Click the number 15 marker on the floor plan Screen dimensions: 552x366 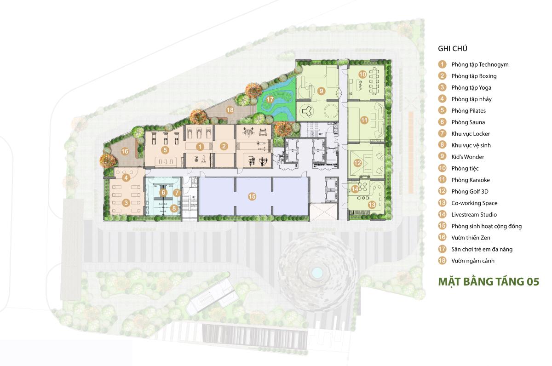click(x=252, y=196)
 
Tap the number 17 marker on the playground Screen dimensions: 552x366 click(x=270, y=99)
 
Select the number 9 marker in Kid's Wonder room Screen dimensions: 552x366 click(x=321, y=91)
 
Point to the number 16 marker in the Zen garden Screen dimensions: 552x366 click(x=125, y=151)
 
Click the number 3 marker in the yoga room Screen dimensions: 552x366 click(x=126, y=203)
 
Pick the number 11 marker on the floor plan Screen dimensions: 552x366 click(x=364, y=120)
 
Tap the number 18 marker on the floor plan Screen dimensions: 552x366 click(x=230, y=110)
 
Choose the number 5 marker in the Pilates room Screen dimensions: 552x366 click(x=165, y=150)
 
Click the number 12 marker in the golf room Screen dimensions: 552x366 click(x=357, y=163)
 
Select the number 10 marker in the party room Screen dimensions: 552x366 click(x=362, y=74)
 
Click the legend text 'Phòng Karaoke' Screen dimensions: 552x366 click(x=471, y=180)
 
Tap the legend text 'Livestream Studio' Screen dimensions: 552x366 click(x=474, y=215)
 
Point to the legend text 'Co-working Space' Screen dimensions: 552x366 click(x=474, y=203)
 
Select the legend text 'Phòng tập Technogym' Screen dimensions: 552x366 click(x=480, y=64)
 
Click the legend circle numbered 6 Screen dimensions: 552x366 click(x=442, y=122)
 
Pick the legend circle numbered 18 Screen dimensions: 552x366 click(x=442, y=261)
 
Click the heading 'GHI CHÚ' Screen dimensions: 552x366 click(x=453, y=48)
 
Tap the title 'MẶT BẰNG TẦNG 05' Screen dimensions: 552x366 click(x=489, y=281)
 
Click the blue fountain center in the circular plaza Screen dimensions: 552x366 click(x=317, y=272)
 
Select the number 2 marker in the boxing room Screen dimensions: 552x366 click(x=224, y=146)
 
